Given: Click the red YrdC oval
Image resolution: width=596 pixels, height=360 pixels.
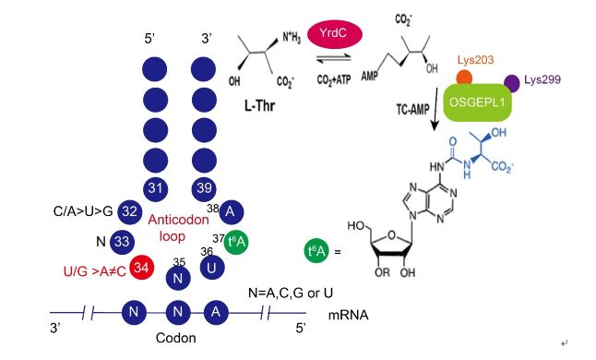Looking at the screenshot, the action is coord(335,34).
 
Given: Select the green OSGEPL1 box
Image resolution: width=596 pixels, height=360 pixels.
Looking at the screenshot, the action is coord(477,102).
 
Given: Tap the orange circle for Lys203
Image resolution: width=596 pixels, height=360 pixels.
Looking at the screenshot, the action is coord(464,78).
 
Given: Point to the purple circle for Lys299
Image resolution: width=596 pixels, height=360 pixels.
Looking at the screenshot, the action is coord(512,84).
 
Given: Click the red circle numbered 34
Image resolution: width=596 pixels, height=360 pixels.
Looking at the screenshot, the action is coord(141,268).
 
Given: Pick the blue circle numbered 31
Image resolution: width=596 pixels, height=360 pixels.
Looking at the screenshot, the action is coord(156,188).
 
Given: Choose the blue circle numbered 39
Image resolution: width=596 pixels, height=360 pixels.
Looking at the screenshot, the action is coord(204,188).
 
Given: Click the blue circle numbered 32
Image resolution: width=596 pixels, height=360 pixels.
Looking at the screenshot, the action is coord(129,211).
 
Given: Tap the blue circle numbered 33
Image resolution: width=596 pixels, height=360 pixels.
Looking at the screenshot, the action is coord(122,242).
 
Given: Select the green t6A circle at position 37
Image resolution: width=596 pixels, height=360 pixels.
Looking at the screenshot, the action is coord(236,242).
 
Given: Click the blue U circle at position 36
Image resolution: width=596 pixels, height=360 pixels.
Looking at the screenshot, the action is coord(212,268).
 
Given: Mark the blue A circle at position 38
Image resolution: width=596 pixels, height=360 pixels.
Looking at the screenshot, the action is coord(231,211).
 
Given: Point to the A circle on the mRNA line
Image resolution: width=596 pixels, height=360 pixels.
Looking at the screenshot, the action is coord(216,312).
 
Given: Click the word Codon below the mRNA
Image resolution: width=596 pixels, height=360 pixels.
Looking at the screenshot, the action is coord(176,338).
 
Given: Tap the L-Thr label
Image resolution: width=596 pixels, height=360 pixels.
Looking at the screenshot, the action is coord(259,105).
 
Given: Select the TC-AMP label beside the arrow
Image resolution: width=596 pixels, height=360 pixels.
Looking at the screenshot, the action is coord(412,110).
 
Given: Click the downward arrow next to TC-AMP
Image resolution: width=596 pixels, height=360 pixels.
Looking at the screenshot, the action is coord(435,109).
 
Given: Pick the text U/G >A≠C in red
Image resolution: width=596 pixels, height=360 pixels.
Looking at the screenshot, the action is coord(95,271).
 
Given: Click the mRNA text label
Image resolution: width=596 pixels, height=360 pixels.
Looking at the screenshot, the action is coord(348,315).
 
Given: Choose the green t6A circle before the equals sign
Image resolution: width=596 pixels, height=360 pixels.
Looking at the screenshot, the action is coord(317,250).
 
